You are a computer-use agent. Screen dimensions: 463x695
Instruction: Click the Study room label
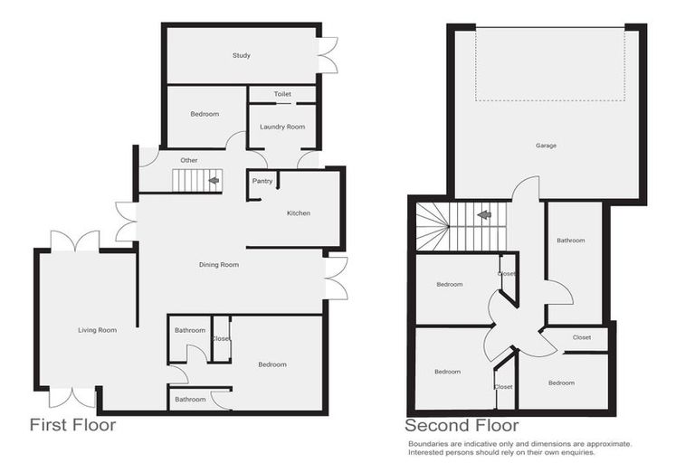[241, 56]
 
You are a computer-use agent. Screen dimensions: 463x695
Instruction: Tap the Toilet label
[282, 93]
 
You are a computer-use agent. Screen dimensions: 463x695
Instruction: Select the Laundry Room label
[282, 127]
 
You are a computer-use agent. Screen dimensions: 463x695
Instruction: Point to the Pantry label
[262, 181]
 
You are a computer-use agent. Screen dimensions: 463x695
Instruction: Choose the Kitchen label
[299, 213]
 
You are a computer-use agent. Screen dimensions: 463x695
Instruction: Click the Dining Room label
[219, 265]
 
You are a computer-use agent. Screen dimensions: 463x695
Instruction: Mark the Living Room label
[97, 330]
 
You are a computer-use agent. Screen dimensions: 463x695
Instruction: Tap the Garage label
[546, 146]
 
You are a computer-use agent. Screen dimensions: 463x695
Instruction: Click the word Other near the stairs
[188, 160]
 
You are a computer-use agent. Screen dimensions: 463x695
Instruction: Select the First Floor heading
[73, 425]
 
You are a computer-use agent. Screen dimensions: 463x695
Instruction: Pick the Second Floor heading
[462, 425]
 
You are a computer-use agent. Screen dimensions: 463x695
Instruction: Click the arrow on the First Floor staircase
[214, 181]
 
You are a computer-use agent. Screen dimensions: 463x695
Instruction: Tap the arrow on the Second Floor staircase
[485, 215]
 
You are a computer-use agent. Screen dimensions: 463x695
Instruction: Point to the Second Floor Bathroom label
[571, 241]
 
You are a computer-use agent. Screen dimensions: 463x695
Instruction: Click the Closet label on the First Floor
[221, 338]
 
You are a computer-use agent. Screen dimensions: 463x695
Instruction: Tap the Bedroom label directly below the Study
[205, 114]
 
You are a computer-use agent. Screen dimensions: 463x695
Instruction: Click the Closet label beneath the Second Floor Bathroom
[582, 337]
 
